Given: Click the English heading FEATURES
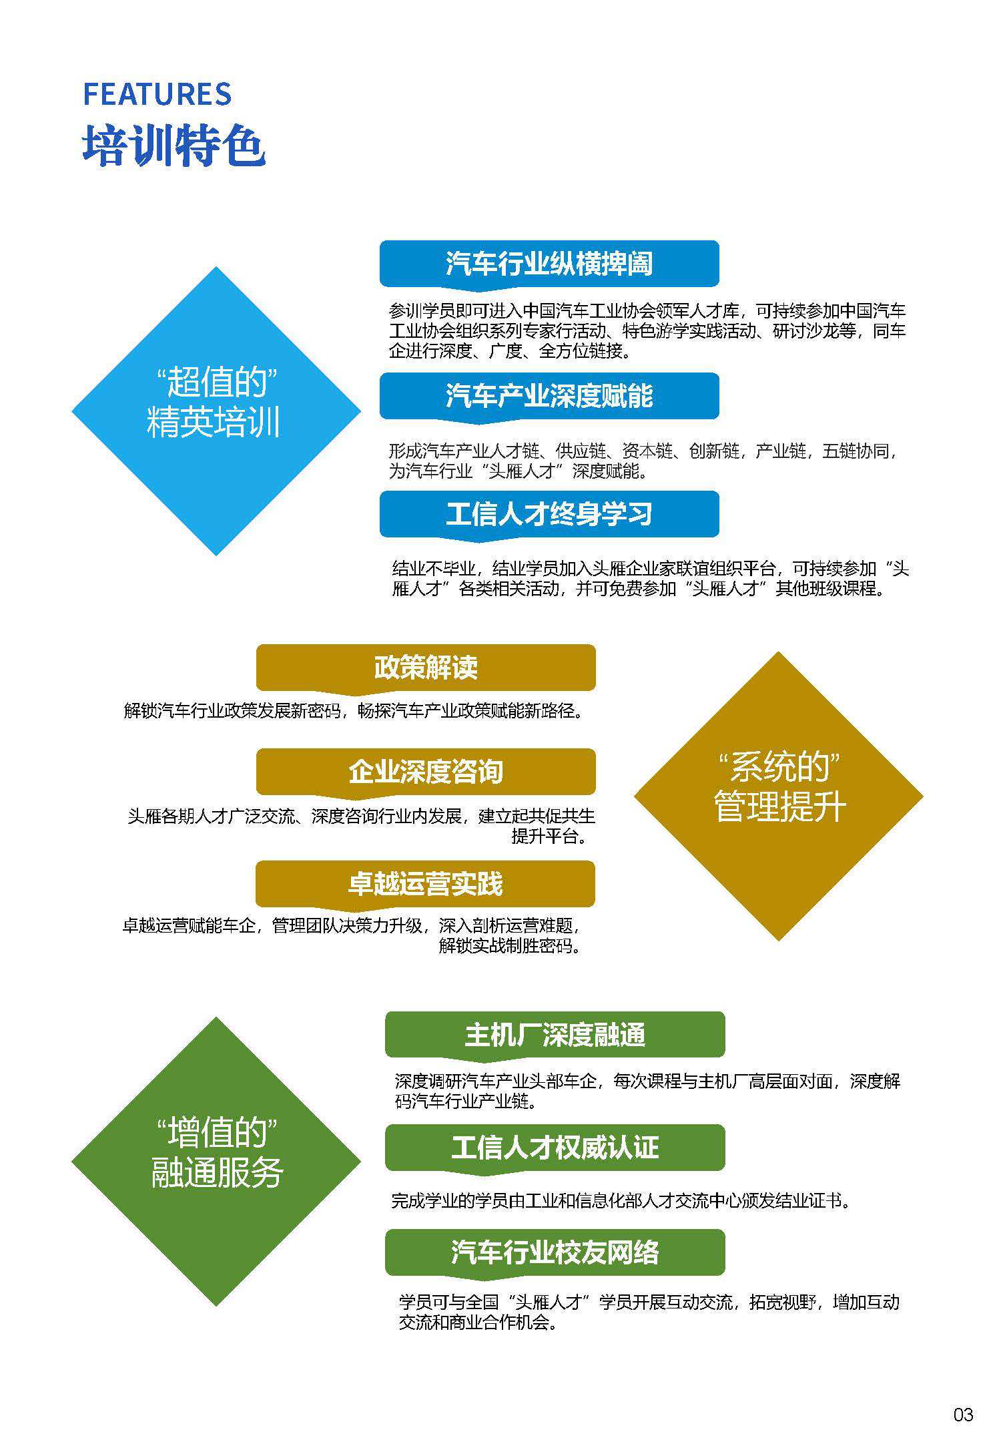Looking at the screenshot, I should (x=157, y=94).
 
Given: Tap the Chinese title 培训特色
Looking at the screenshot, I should (x=174, y=145).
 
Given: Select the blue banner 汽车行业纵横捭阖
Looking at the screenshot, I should (x=549, y=264).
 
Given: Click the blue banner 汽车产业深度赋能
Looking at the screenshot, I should (x=549, y=396).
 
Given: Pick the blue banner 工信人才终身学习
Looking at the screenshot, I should (x=549, y=514).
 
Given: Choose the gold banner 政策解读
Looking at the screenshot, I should (x=426, y=667).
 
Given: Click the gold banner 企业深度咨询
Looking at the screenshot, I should (x=426, y=772).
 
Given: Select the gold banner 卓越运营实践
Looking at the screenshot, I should (x=425, y=884).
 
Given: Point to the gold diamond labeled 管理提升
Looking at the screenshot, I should (x=779, y=806).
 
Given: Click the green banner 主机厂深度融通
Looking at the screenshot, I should (x=555, y=1034).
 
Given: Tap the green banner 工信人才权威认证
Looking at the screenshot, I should (x=555, y=1147).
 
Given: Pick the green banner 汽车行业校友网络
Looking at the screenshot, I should (x=555, y=1252).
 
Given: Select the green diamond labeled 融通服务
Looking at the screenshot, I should (x=217, y=1174).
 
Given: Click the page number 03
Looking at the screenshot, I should (x=963, y=1414).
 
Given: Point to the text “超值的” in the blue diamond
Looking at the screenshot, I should (x=216, y=382).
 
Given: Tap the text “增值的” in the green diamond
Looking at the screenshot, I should (x=216, y=1133).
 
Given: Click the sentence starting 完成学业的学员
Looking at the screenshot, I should (x=622, y=1201).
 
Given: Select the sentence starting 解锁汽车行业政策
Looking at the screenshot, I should (x=354, y=710).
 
